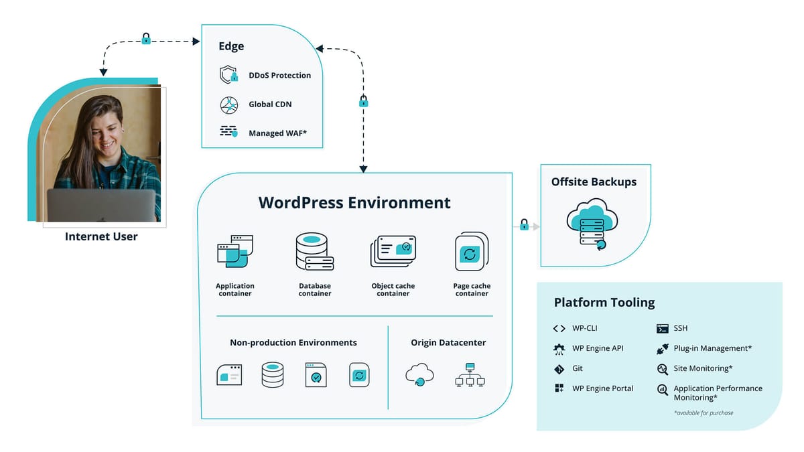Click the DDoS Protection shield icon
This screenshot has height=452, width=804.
click(228, 75)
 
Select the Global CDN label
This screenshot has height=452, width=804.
click(270, 104)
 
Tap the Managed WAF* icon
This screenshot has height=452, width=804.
click(228, 132)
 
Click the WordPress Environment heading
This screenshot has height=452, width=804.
click(354, 202)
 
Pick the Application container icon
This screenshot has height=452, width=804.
click(234, 252)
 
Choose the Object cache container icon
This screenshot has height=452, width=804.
click(393, 252)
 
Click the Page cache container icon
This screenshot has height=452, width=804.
click(471, 252)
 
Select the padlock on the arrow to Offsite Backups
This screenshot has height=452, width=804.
click(525, 225)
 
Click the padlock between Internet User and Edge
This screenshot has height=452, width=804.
click(146, 39)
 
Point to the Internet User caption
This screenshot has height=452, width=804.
click(101, 236)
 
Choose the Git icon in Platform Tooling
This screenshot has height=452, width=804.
click(559, 368)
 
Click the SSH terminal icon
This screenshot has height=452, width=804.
click(662, 328)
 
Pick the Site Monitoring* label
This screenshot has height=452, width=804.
click(703, 368)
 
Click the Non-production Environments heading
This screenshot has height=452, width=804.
click(293, 342)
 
